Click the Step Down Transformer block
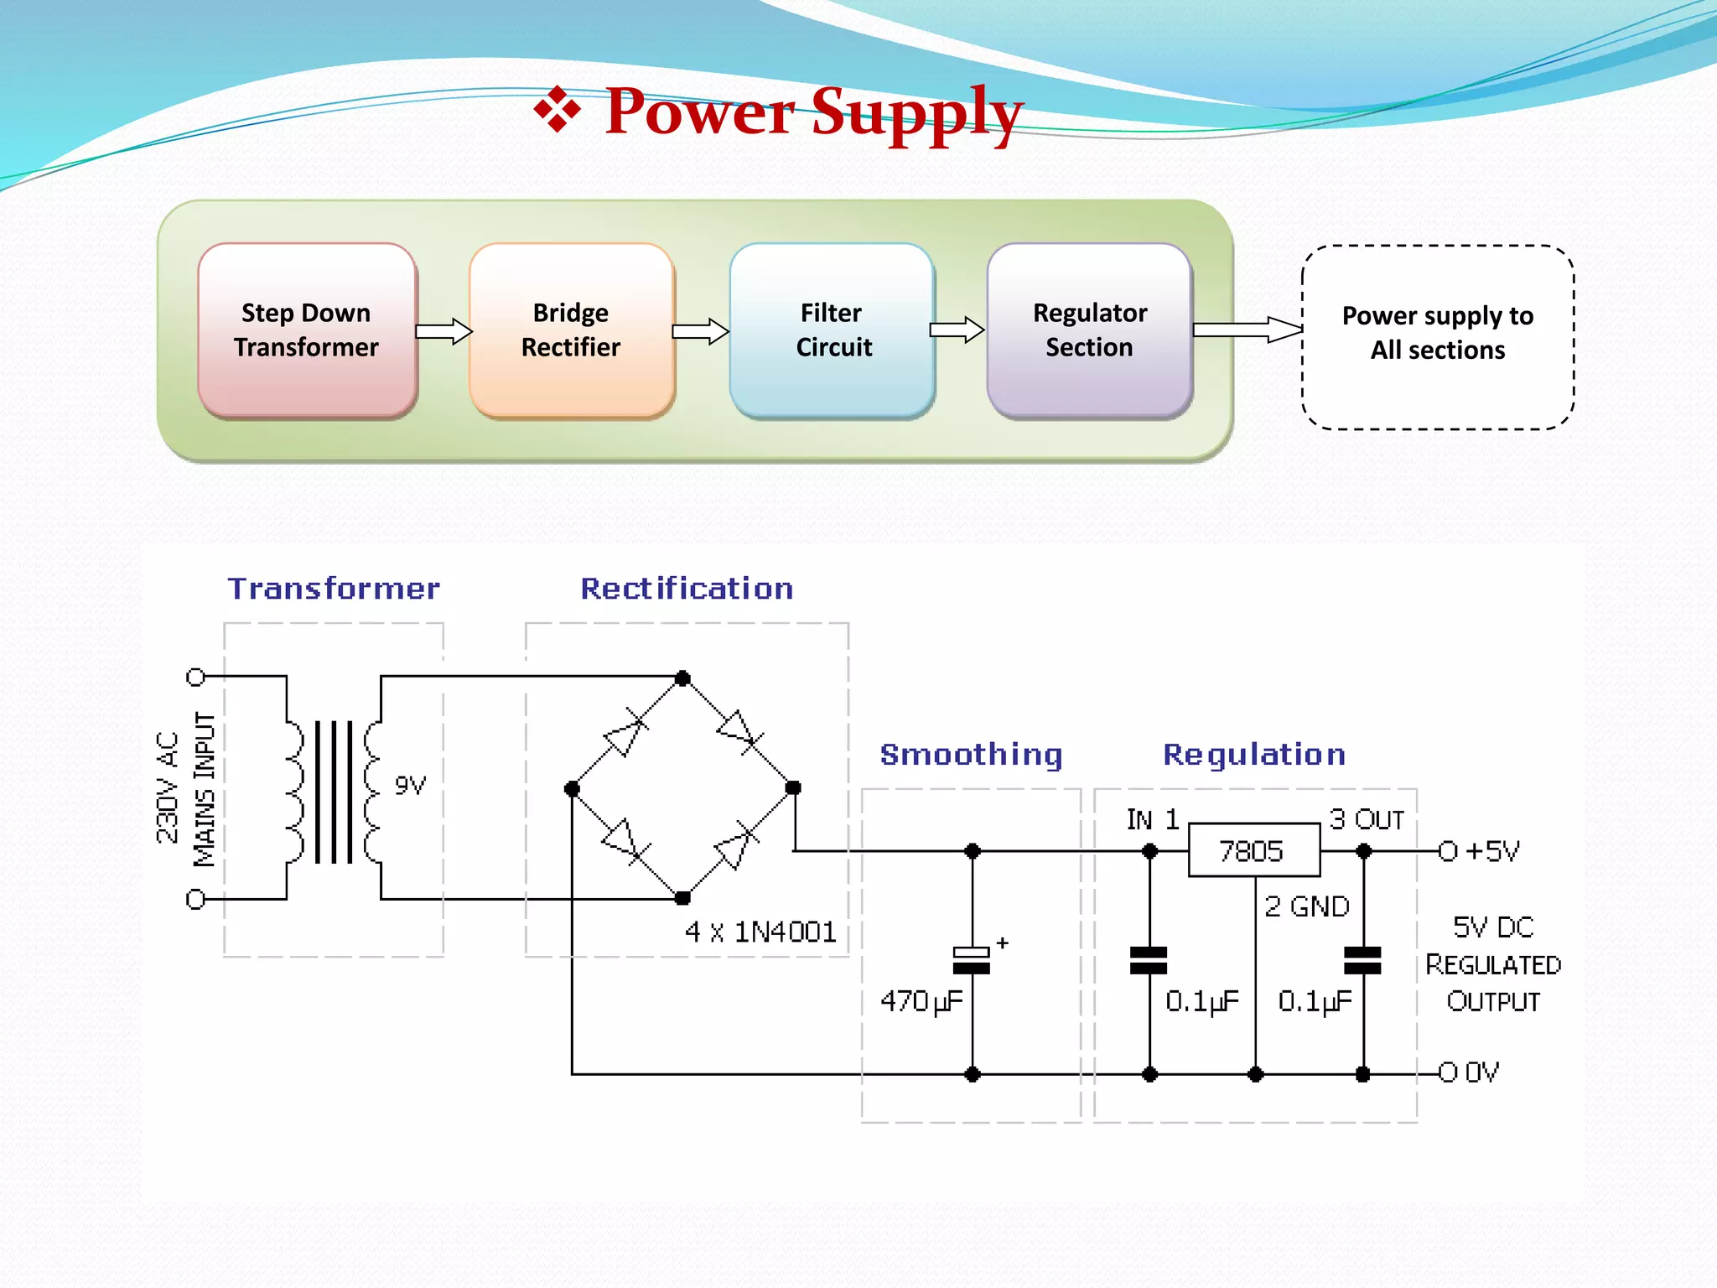[x=307, y=330]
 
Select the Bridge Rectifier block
[x=571, y=330]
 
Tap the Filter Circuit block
[x=832, y=330]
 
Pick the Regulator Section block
[x=1089, y=330]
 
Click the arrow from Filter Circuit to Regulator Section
[x=957, y=330]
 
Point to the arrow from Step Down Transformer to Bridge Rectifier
[x=444, y=331]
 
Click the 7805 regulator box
[x=1253, y=851]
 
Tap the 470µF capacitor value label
[x=921, y=1001]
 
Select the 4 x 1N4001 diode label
[x=760, y=932]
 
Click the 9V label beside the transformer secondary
[x=410, y=786]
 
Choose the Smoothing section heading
[x=971, y=755]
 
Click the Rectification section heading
[x=687, y=589]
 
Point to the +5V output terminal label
[x=1491, y=851]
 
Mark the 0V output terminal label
[x=1481, y=1072]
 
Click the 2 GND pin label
[x=1306, y=906]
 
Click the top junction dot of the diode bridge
[x=682, y=678]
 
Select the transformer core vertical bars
[x=334, y=792]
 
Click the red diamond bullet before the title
[x=558, y=110]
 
